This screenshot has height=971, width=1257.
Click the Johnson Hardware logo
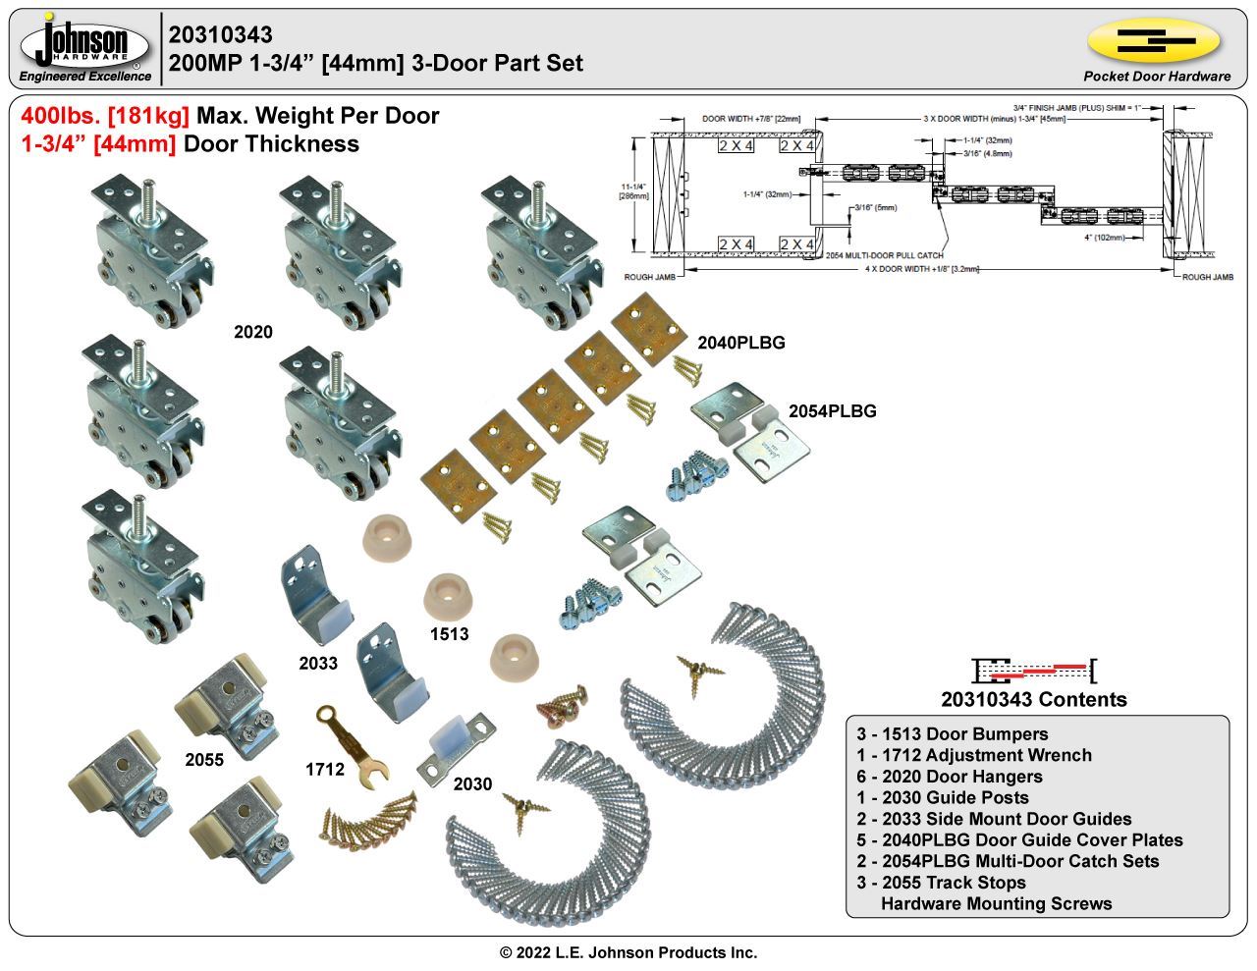point(85,43)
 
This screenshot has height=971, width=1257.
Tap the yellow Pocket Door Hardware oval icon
point(1155,40)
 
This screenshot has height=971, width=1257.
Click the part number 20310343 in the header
point(221,35)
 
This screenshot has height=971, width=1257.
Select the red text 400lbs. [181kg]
point(105,116)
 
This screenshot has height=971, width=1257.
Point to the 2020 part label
point(252,333)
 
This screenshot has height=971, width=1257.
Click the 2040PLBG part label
point(740,343)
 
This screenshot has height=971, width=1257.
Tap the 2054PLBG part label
point(832,411)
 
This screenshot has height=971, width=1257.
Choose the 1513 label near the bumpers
point(449,634)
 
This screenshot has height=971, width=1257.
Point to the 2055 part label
point(204,759)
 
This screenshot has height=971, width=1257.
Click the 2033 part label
point(318,664)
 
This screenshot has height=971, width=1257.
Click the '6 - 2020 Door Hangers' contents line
point(950,777)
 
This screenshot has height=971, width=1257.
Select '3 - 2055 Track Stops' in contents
point(941,883)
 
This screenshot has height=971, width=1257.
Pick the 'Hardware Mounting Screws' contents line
point(996,904)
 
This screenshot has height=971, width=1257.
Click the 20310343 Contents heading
point(1033,700)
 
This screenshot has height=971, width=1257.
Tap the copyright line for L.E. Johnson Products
point(628,952)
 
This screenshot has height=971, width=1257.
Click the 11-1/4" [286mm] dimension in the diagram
point(634,190)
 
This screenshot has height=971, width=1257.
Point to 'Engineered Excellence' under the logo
point(85,77)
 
